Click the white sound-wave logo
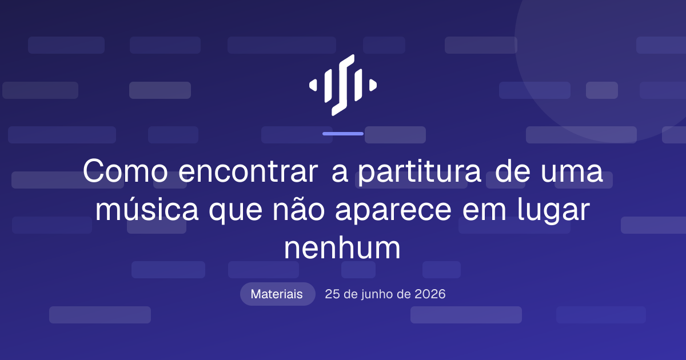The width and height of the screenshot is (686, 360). pos(342,85)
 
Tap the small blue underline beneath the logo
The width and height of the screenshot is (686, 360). pos(343,134)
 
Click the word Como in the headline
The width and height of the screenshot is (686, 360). pos(125,171)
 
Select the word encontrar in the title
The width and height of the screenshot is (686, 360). pos(248,171)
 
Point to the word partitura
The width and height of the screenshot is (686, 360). pos(420,173)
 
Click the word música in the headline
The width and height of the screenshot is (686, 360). pos(147,209)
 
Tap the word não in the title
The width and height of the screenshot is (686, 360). pos(298,209)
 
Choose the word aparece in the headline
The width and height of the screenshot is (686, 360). pos(393,211)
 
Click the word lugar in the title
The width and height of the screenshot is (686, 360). pos(554,211)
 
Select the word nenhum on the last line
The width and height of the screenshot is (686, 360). pos(342,247)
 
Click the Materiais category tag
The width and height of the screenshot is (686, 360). pos(277,294)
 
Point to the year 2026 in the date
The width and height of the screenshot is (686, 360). pos(430,294)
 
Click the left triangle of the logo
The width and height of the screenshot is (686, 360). pos(313,85)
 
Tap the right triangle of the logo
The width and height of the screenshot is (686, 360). pos(373,85)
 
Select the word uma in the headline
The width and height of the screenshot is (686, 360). pos(572,173)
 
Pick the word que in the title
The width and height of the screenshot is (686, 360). pos(236,211)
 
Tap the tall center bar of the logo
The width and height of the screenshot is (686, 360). pos(343,85)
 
